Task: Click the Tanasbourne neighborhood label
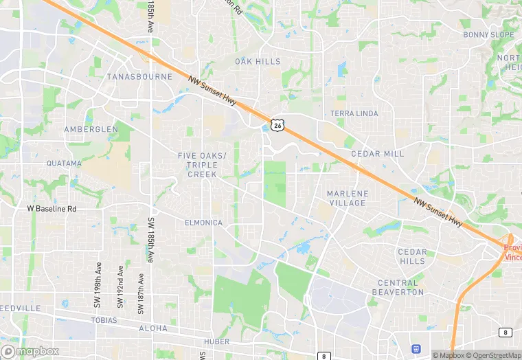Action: point(139,77)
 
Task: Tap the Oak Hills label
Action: point(258,62)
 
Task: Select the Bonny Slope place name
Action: point(488,35)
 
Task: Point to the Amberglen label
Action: point(91,129)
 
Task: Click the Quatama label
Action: point(64,164)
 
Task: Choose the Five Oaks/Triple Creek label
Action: point(202,165)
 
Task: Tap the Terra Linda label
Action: point(354,113)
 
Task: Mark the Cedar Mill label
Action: point(378,154)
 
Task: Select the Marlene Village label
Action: point(347,199)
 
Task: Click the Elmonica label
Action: point(203,223)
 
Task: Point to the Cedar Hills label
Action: point(412,257)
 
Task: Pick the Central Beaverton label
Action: point(398,287)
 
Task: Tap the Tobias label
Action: point(103,321)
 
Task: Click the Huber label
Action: point(216,341)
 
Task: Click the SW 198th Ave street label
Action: point(98,284)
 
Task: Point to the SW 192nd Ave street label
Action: point(120,284)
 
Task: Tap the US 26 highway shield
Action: point(277,124)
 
